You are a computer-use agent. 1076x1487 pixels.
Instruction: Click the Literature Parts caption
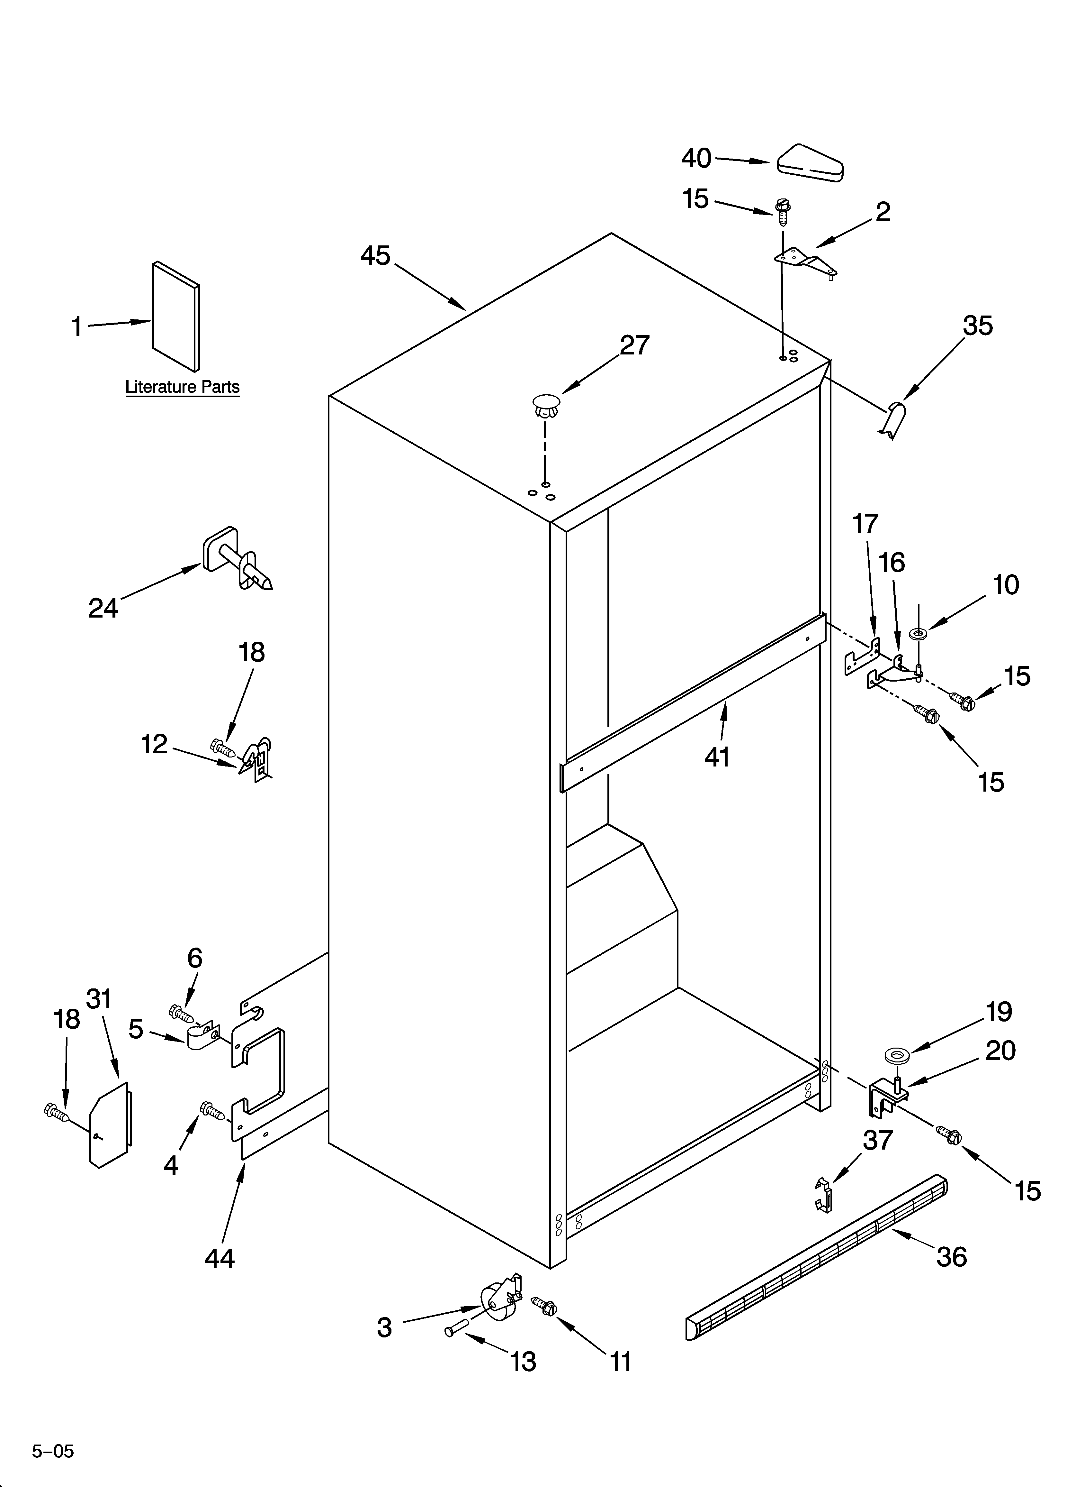(x=182, y=387)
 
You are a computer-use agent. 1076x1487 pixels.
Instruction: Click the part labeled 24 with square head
(x=236, y=561)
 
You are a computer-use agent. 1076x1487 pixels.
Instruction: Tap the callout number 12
(x=155, y=744)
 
